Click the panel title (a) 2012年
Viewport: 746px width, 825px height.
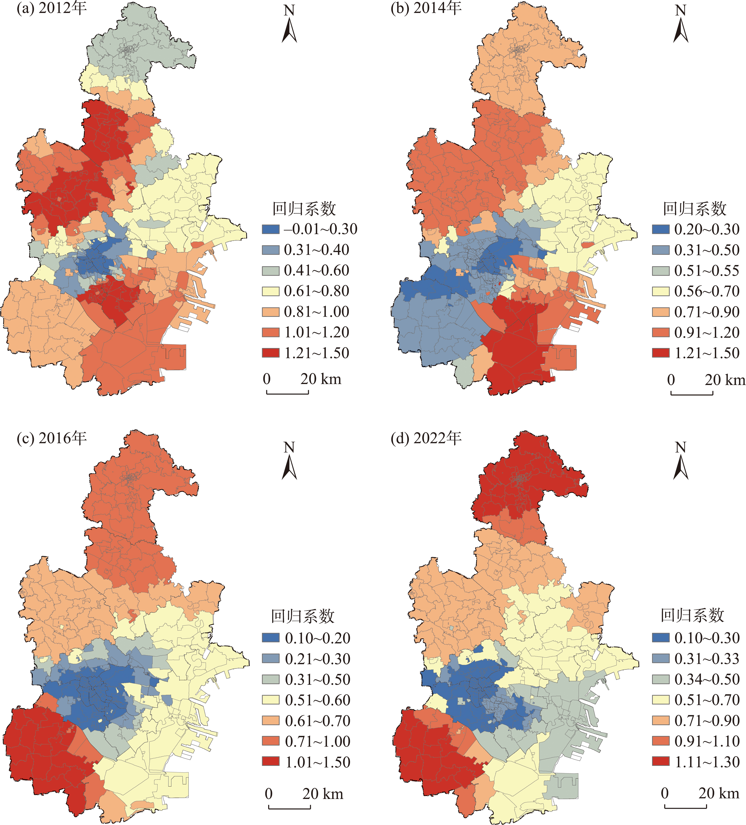(52, 9)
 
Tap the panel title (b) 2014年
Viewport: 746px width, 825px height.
(426, 9)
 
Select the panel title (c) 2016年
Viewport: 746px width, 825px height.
(52, 438)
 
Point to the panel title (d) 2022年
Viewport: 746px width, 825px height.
(426, 438)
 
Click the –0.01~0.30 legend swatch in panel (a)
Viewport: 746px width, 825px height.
(270, 229)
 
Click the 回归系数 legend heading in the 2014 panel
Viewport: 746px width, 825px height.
(694, 209)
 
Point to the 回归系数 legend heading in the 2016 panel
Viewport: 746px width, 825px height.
(303, 616)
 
